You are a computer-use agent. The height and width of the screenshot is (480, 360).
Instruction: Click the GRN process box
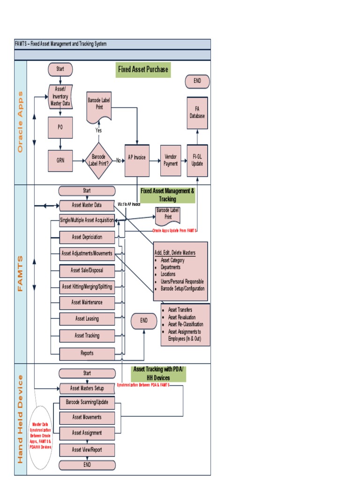point(60,160)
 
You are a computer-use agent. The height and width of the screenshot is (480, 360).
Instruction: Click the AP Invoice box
point(137,158)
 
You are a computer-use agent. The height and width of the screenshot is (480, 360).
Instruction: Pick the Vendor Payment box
point(171,160)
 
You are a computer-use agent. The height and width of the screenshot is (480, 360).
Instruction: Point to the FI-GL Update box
point(197,160)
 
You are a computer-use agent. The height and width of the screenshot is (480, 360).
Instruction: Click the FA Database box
point(197,112)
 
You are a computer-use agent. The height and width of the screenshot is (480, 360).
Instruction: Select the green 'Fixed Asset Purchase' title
point(142,70)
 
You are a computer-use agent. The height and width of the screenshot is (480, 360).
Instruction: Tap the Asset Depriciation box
point(87,237)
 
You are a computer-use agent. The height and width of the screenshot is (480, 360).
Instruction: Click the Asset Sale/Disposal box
point(87,270)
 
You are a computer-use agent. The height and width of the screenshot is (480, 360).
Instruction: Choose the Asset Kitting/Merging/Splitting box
point(87,286)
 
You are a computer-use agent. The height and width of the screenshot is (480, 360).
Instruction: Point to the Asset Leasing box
point(87,319)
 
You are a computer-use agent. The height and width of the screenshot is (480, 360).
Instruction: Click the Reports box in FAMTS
point(87,353)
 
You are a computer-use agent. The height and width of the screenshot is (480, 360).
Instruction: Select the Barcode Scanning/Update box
point(87,403)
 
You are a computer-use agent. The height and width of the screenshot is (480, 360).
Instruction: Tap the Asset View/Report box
point(87,450)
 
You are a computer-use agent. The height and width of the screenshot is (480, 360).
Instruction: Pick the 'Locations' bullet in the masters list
point(168,274)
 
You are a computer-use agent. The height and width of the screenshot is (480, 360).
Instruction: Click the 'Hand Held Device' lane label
point(20,419)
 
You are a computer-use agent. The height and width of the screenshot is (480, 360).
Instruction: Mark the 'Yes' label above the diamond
point(98,130)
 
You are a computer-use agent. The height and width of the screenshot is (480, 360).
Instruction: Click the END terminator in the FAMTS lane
point(143,321)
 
